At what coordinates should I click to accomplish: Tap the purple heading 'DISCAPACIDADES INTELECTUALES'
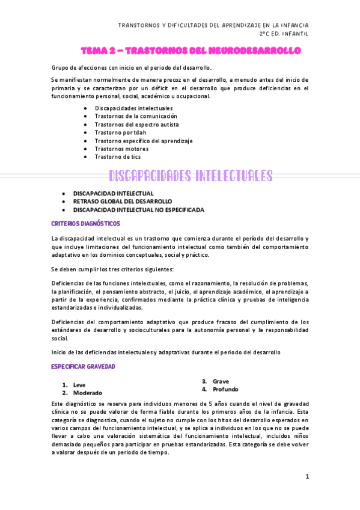click(191, 176)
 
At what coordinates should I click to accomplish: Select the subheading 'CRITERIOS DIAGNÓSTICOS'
click(85, 224)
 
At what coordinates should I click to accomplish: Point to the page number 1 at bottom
click(307, 477)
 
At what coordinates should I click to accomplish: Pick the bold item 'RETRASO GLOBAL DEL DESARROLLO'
click(122, 201)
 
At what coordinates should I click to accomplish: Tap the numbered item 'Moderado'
click(87, 393)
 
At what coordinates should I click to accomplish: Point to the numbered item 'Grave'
click(220, 381)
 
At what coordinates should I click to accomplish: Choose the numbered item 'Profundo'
click(225, 389)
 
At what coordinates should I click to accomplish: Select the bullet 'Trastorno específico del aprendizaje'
click(143, 141)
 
